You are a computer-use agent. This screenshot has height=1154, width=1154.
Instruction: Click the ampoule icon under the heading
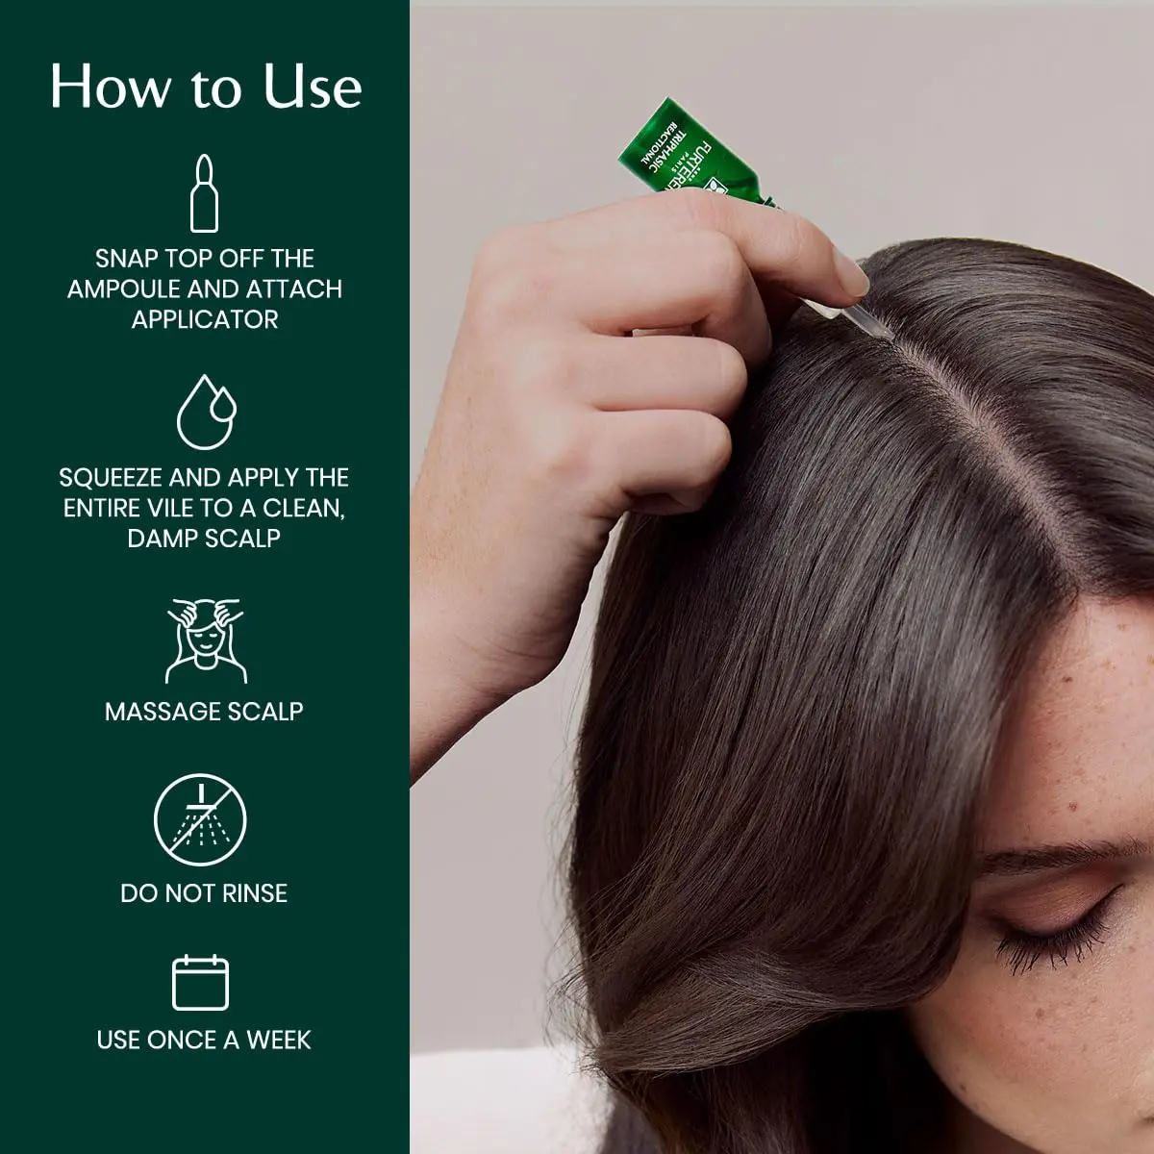coord(204,193)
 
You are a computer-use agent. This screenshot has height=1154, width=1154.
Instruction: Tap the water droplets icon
coord(206,412)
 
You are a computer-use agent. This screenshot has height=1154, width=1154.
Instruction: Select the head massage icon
coord(205,640)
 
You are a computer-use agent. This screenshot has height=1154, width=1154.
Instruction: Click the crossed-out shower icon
coord(200,820)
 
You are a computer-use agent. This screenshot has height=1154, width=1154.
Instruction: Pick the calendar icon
coord(200,983)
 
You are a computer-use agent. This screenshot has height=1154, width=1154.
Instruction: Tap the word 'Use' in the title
coord(313,87)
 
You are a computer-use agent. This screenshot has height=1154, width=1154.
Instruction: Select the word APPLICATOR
coord(205,320)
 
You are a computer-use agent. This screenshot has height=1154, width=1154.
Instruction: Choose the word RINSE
coord(255,893)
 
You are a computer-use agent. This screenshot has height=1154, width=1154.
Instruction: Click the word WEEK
coord(279,1041)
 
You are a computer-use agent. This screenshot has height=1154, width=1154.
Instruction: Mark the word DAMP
coord(158,539)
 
